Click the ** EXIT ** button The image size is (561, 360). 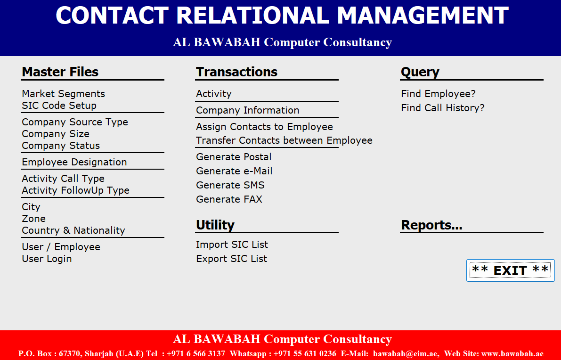510,270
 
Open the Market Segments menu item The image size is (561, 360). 63,94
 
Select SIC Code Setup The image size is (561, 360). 59,106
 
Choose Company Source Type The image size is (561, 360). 75,122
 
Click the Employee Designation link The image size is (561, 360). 74,162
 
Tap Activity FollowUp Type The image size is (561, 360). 75,190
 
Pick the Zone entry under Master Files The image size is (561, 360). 33,219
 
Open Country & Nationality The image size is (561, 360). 73,230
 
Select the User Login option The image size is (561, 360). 47,259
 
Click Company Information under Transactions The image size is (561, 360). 248,110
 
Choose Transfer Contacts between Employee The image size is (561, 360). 284,140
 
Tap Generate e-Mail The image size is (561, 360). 234,171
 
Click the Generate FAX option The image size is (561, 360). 229,199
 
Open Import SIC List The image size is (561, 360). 232,245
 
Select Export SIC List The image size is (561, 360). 231,259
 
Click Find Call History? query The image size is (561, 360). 443,108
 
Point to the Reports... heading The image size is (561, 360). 431,225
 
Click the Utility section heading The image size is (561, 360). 215,225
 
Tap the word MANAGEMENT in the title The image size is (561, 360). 423,16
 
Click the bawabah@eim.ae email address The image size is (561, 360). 406,353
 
